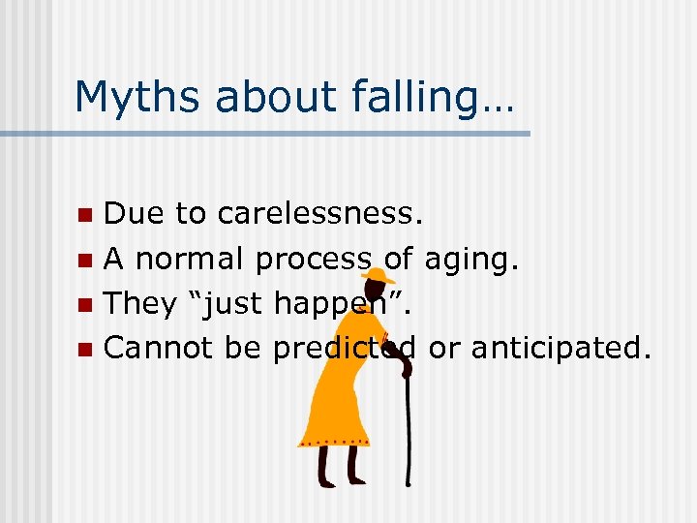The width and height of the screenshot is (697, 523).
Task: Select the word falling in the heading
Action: (x=433, y=96)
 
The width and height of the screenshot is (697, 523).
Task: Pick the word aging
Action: (x=469, y=259)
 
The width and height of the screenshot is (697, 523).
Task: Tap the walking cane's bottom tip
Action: (x=409, y=482)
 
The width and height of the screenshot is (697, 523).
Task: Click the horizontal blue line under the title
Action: (x=290, y=133)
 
